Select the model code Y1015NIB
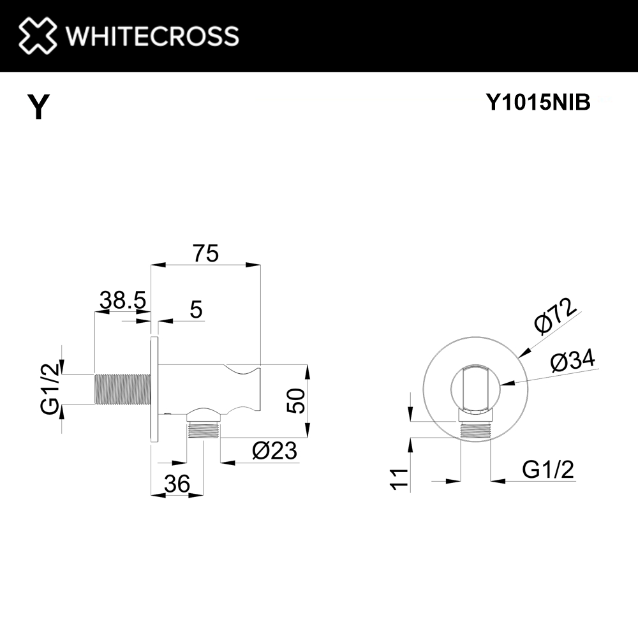point(538,102)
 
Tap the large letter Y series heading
point(39,107)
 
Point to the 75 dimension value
point(205,254)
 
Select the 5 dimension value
point(196,310)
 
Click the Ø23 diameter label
point(274,451)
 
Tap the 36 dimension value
point(177,485)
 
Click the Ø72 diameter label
point(556,316)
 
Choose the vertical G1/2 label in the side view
point(50,389)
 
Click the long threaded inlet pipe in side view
point(121,389)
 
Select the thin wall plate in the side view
point(154,389)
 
